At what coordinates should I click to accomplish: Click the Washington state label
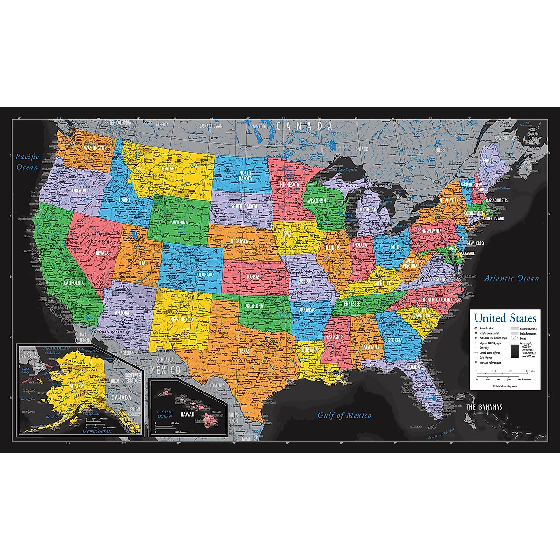point(96,148)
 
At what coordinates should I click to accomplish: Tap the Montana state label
point(168,168)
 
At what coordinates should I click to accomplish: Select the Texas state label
point(245,350)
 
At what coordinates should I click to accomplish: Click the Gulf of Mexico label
point(344,415)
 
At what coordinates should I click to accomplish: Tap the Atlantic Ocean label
point(511,279)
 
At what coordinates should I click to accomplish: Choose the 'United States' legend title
point(505,318)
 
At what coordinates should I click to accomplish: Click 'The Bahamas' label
point(484,407)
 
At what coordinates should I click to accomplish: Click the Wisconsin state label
point(320,200)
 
